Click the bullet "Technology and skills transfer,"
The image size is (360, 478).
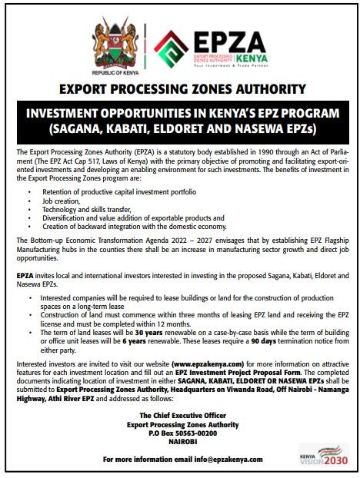85,207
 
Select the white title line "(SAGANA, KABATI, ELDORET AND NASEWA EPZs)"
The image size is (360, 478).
180,126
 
